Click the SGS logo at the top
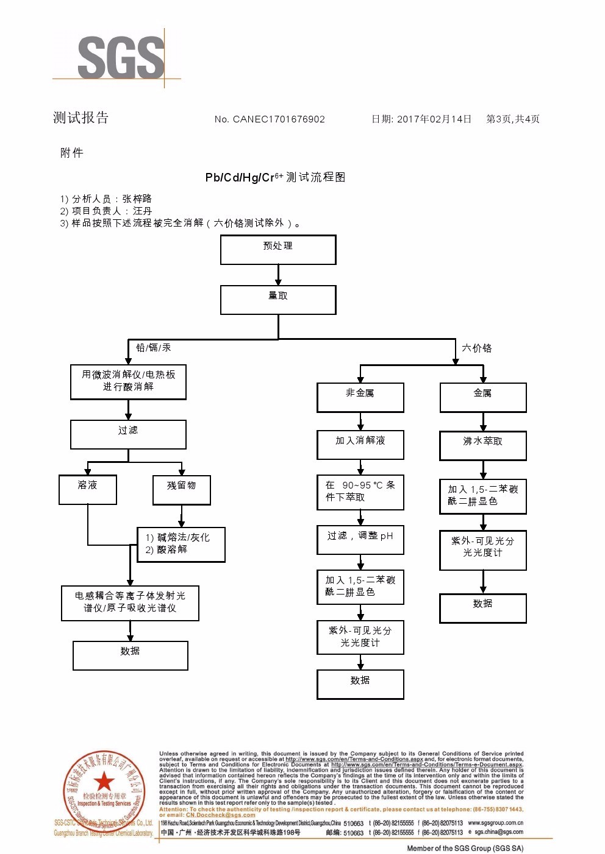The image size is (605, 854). click(x=121, y=58)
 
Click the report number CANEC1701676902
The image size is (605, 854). click(x=278, y=119)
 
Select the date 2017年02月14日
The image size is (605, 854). click(x=434, y=119)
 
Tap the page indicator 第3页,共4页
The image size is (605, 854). click(x=513, y=119)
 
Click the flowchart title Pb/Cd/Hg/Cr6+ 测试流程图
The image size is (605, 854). click(x=275, y=177)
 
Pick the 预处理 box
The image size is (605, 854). click(x=278, y=250)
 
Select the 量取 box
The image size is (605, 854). click(x=278, y=300)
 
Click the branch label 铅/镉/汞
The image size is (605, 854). click(x=153, y=348)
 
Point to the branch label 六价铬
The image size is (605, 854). click(x=476, y=348)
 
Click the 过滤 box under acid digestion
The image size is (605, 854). click(x=128, y=434)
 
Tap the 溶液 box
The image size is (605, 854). click(x=88, y=489)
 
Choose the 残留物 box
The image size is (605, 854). click(x=181, y=490)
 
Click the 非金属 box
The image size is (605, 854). click(x=360, y=397)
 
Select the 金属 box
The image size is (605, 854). click(x=482, y=397)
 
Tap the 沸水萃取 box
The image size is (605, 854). click(x=482, y=445)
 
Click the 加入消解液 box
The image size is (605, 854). click(x=360, y=445)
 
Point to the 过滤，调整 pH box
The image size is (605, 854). click(x=360, y=540)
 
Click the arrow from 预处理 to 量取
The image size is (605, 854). click(x=278, y=275)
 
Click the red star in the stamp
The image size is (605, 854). click(x=104, y=782)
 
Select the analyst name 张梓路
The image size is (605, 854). click(x=137, y=199)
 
